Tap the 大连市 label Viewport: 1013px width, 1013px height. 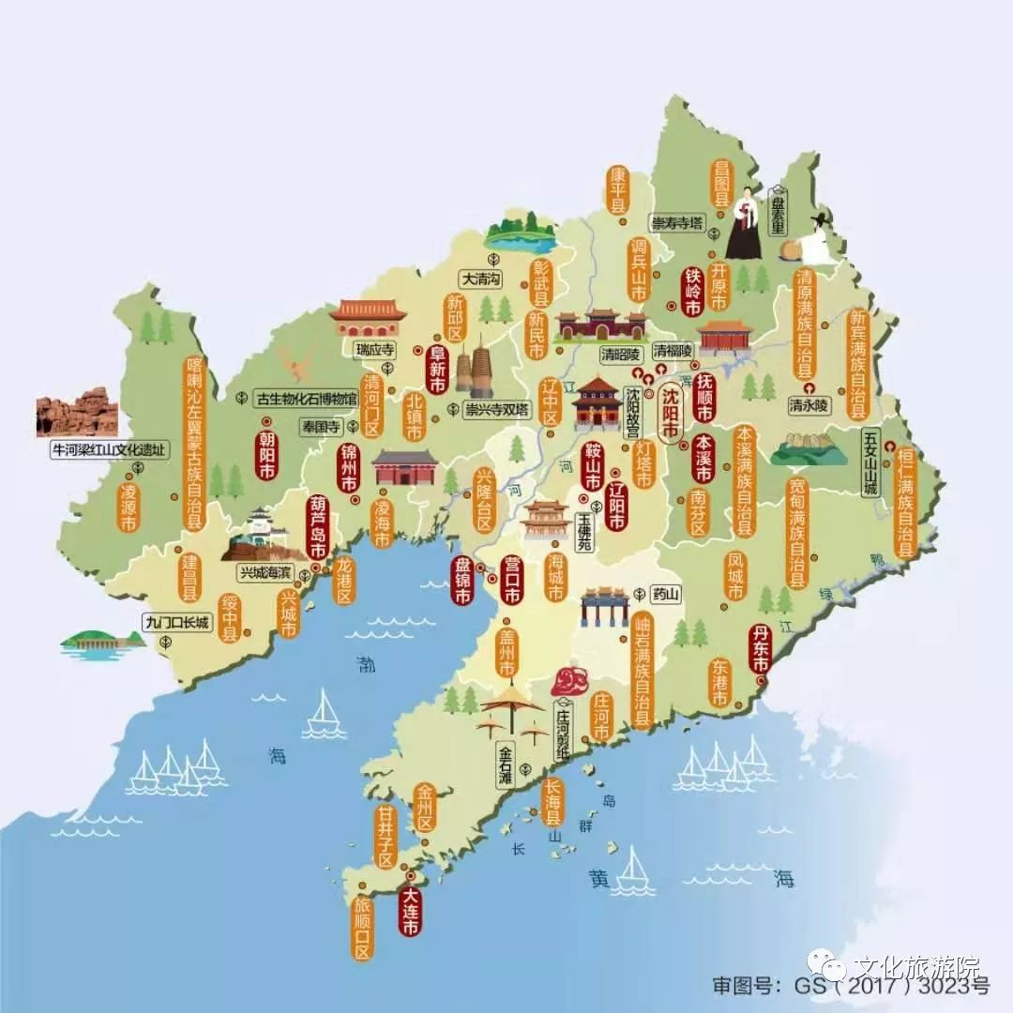410,904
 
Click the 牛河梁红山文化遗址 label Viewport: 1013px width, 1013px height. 109,450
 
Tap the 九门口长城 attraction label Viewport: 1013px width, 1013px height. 177,622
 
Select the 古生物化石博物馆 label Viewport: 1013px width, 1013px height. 307,399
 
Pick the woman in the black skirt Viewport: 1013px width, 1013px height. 744,223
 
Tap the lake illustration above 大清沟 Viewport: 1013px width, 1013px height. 519,235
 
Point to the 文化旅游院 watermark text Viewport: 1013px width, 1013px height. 915,966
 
